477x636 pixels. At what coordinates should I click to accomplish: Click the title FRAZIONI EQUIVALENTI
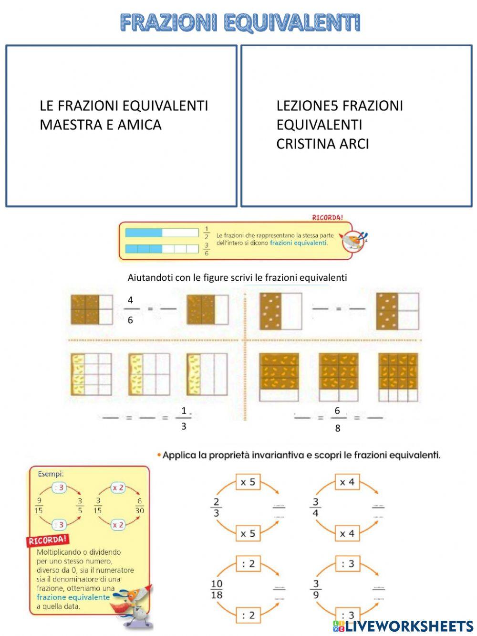(x=239, y=22)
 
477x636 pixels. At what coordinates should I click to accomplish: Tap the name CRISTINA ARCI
(x=322, y=144)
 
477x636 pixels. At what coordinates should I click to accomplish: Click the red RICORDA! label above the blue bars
(x=327, y=218)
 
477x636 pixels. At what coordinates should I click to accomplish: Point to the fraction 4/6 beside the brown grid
(x=130, y=310)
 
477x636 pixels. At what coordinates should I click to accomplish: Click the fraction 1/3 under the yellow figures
(x=184, y=418)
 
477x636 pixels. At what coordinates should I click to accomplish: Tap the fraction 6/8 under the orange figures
(x=337, y=419)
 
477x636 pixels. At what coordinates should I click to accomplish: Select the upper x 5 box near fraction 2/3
(x=249, y=482)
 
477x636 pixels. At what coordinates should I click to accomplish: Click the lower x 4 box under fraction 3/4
(x=347, y=533)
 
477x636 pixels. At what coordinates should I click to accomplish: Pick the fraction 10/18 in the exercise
(x=217, y=589)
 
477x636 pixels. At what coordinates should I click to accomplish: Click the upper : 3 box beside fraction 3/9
(x=347, y=564)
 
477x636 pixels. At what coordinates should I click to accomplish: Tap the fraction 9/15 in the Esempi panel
(x=39, y=505)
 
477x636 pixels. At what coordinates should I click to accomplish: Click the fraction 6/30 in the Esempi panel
(x=139, y=505)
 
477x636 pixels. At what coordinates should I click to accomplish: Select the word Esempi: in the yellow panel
(x=51, y=474)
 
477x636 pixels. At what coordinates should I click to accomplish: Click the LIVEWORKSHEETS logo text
(x=409, y=625)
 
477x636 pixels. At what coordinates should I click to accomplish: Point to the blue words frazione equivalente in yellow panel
(x=73, y=597)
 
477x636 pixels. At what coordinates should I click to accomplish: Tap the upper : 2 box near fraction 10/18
(x=249, y=564)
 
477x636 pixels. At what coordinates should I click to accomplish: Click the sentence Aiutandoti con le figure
(x=237, y=277)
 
